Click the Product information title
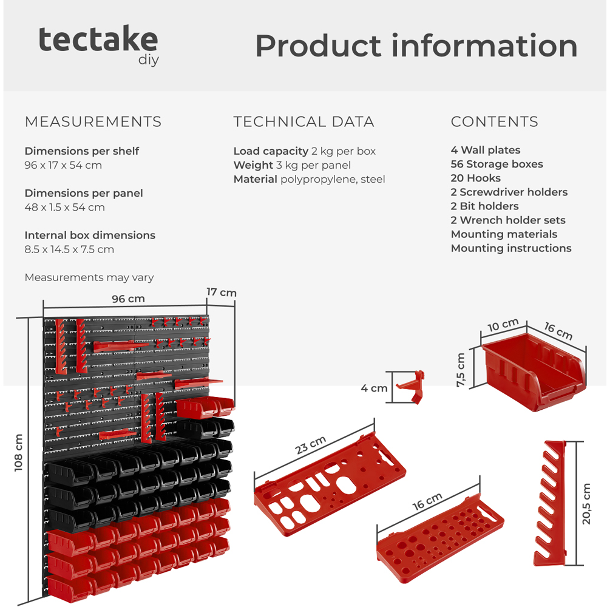(x=416, y=46)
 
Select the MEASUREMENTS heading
(x=93, y=121)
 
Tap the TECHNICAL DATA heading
(x=303, y=121)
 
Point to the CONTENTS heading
(x=494, y=121)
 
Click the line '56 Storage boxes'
(x=497, y=164)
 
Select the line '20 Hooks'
(x=475, y=178)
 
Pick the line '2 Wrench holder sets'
(x=507, y=220)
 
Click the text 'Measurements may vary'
(x=89, y=277)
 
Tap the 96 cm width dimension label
(x=128, y=299)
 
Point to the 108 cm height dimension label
(x=18, y=452)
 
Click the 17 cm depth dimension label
(x=221, y=293)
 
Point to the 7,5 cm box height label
(x=462, y=370)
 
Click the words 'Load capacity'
(x=271, y=151)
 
